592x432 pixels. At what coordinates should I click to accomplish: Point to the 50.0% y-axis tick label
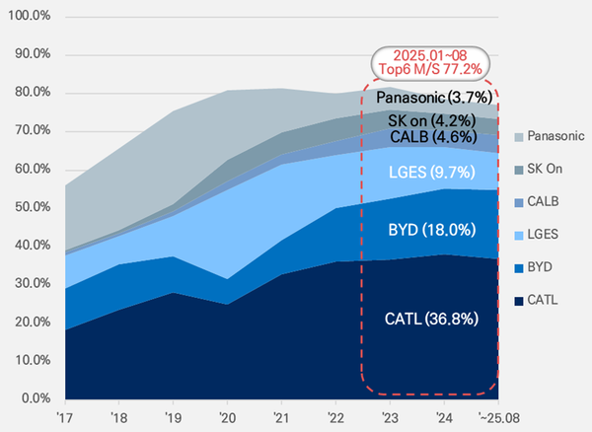tap(30, 207)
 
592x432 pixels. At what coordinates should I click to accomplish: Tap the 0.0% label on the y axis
tap(33, 398)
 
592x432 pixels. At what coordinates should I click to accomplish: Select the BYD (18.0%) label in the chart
tap(429, 230)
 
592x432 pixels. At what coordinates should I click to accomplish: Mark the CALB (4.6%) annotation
tap(429, 136)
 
